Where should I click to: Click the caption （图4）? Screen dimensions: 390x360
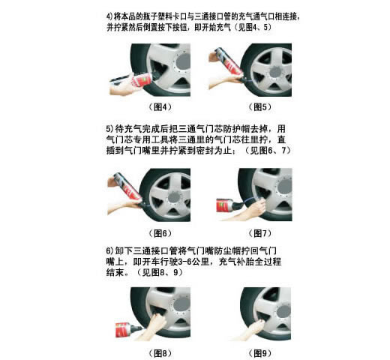pos(160,107)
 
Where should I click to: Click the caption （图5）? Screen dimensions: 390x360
pos(260,107)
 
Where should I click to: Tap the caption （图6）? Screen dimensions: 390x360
pos(160,233)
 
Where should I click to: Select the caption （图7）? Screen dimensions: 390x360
pos(260,233)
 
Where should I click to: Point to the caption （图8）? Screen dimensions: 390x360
pos(160,353)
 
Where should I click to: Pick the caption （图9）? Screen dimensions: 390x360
pos(260,353)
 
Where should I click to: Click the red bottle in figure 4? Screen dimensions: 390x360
pos(141,80)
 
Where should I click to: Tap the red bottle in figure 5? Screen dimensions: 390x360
pos(229,62)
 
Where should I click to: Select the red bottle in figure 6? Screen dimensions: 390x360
pos(127,187)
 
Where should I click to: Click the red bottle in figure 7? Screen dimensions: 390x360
pos(224,205)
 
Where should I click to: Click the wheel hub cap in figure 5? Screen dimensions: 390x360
pos(275,71)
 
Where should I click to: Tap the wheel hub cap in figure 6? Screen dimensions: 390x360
pos(174,197)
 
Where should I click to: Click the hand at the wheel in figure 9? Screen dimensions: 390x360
pos(256,327)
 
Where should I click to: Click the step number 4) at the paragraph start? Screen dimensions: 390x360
pos(109,16)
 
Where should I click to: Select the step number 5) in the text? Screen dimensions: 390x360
pos(109,129)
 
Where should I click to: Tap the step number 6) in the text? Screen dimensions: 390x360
pos(109,250)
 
